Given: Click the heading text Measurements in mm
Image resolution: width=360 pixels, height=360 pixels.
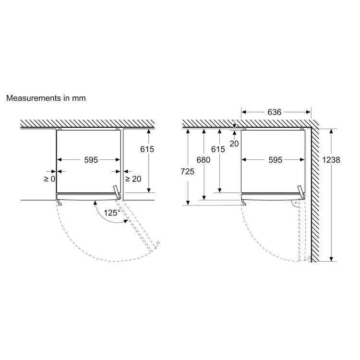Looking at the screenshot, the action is [46, 98].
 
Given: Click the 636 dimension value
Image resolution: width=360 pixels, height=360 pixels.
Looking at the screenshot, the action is [274, 112].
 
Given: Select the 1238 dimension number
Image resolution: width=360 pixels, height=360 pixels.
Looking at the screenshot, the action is [331, 159].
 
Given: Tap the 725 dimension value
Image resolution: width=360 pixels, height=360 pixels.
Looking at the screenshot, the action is [187, 171].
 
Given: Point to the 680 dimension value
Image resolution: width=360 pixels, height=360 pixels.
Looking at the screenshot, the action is [203, 159].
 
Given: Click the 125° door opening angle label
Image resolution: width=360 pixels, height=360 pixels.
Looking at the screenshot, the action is [112, 213].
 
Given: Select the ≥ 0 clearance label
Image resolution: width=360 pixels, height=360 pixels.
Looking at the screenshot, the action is [49, 179].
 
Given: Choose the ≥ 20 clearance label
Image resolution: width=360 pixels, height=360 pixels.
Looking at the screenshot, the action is [133, 179].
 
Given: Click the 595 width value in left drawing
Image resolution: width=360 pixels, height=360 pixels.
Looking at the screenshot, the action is [91, 159].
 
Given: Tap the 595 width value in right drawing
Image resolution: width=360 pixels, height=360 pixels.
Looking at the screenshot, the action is [276, 159].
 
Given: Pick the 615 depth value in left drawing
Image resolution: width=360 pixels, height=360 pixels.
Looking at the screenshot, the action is [147, 149].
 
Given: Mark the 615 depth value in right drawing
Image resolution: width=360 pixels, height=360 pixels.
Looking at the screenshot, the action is [218, 149].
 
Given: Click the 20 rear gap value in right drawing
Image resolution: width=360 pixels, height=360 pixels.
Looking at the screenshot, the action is [234, 144].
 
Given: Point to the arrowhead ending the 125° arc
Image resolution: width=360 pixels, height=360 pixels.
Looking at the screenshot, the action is [126, 221].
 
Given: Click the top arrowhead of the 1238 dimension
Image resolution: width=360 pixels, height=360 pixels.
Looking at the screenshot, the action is [331, 131].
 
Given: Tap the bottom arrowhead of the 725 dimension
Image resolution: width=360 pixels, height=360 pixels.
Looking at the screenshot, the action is [188, 203].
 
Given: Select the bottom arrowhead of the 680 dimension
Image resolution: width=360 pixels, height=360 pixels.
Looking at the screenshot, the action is [204, 197].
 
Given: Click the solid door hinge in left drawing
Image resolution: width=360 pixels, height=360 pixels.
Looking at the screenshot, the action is [117, 192].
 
